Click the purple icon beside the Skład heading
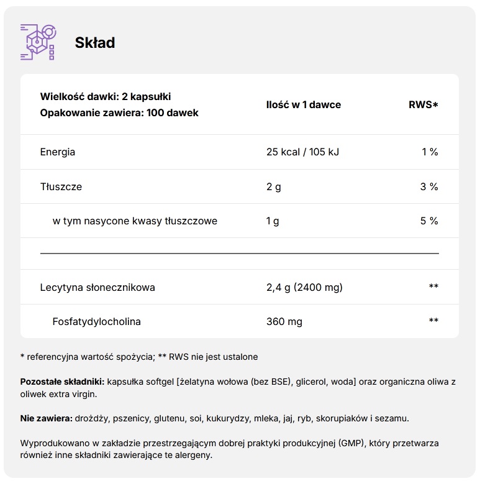click(38, 42)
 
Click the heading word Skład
click(94, 42)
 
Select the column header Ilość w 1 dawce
click(303, 104)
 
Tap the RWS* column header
click(423, 104)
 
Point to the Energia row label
click(58, 152)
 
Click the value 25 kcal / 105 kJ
click(302, 152)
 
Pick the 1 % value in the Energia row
click(430, 152)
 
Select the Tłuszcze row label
click(61, 186)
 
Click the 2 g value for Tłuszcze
click(273, 186)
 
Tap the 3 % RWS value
click(430, 186)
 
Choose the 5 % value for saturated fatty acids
click(430, 221)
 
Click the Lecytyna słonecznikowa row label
click(97, 287)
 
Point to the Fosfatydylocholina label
click(97, 321)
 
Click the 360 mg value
click(284, 321)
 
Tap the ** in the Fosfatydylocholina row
click(433, 321)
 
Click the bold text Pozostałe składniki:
click(62, 382)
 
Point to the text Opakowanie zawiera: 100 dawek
click(119, 113)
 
